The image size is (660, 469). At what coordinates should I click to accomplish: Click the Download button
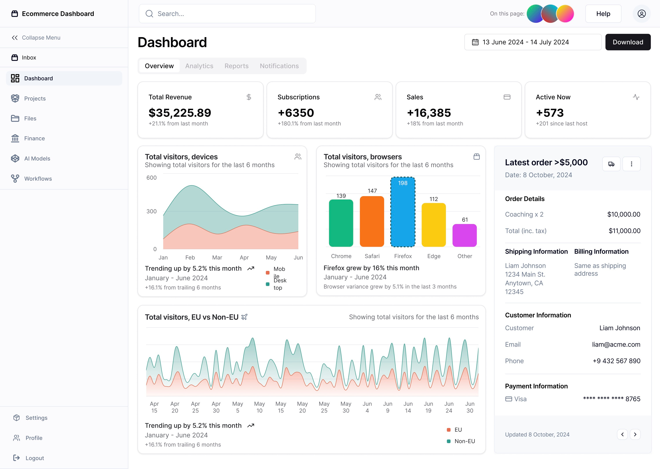(x=628, y=42)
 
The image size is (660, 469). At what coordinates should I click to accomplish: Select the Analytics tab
(x=199, y=66)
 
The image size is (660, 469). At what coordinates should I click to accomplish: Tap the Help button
(x=603, y=14)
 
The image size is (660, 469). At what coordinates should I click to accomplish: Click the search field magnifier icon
(x=149, y=14)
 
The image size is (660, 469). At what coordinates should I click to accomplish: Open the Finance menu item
(x=34, y=138)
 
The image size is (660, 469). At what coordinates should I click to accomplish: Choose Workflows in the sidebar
(x=38, y=179)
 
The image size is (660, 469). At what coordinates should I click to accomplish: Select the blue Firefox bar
(x=403, y=214)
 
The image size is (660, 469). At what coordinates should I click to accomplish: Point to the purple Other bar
(x=464, y=235)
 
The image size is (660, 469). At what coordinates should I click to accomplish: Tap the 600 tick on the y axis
(x=151, y=178)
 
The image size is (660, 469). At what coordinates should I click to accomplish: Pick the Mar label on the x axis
(x=217, y=257)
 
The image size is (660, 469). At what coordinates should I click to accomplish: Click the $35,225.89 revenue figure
(x=180, y=113)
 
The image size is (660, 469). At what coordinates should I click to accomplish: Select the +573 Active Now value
(x=550, y=113)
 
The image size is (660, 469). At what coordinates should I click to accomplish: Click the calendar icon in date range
(x=475, y=42)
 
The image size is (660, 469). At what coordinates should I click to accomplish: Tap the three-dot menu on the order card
(x=631, y=164)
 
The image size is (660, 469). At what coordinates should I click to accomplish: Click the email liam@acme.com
(x=616, y=344)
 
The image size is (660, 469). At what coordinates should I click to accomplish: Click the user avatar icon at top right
(x=642, y=14)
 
